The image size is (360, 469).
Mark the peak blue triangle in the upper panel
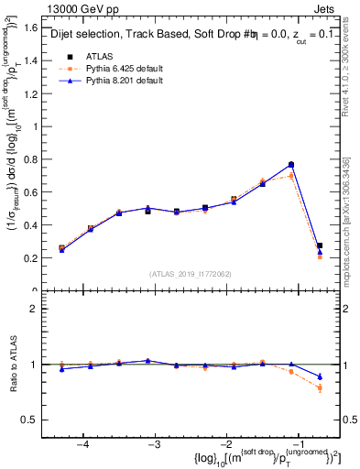pos(291,165)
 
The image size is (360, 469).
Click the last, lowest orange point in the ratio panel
pos(320,388)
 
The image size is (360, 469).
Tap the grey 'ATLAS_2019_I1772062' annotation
pos(191,274)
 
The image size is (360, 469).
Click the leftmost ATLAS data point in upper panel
pos(61,248)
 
